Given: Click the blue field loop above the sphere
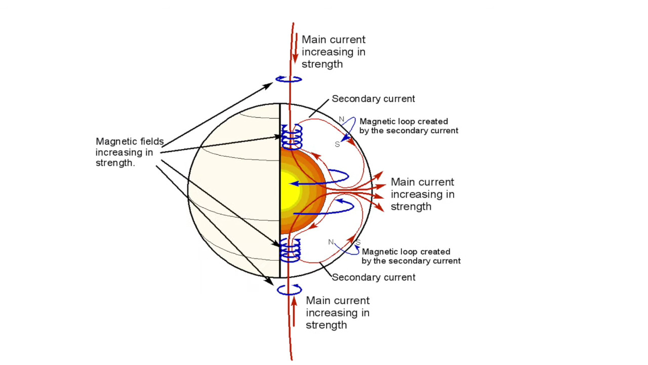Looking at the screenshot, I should [289, 79].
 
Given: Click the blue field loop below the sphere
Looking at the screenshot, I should [289, 289].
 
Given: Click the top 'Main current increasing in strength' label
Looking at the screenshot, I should [333, 52].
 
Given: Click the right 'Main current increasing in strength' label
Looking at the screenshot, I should [422, 194].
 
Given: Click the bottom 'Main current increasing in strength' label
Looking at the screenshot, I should [338, 313].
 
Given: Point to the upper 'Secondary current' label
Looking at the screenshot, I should [373, 99].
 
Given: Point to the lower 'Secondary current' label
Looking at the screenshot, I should [374, 277].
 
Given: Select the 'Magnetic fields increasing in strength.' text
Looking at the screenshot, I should [130, 152].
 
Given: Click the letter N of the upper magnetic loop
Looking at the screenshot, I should [342, 120].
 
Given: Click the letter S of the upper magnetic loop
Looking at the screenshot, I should [337, 144].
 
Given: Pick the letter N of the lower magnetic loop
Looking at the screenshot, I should [331, 242].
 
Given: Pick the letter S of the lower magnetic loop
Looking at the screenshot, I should [358, 242].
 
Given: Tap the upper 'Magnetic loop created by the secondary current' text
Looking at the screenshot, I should [409, 126].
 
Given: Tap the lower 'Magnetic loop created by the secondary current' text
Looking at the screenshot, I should [411, 257].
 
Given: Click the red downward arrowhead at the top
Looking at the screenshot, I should [295, 58].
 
